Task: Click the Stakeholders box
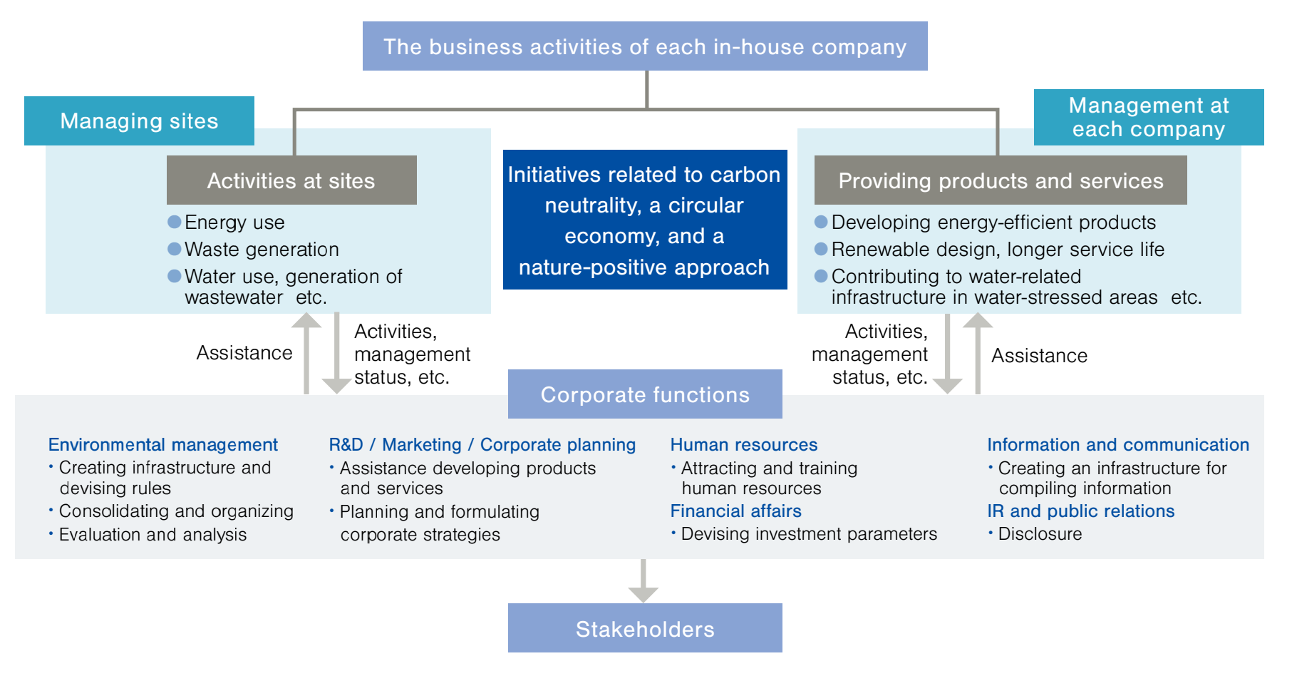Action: (644, 628)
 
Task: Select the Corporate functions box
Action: (644, 394)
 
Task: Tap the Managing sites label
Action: (139, 121)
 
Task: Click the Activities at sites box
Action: (291, 180)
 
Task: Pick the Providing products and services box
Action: (1000, 180)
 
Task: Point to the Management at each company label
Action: (1148, 117)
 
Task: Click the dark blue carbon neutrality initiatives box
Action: (644, 220)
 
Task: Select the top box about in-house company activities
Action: (644, 46)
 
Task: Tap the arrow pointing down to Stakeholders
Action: (643, 581)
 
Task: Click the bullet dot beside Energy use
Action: (174, 222)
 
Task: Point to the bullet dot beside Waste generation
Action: (174, 249)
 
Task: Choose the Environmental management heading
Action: (162, 444)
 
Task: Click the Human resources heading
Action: (743, 444)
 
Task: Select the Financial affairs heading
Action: (735, 511)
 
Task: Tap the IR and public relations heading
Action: (1080, 511)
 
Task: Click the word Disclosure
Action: (1040, 533)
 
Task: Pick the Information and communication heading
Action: (1117, 444)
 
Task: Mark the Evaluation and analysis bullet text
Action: (153, 534)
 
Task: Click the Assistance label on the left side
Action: (244, 352)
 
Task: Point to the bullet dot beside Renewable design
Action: (821, 249)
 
